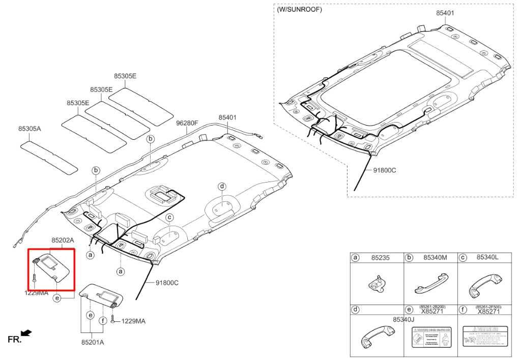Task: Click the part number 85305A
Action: (30, 129)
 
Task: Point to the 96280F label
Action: (187, 123)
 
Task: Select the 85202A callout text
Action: (63, 239)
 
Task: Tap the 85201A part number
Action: (93, 342)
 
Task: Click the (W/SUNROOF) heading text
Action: (299, 9)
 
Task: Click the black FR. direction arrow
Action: (26, 333)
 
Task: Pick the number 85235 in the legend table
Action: (381, 258)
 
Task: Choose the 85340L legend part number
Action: (487, 258)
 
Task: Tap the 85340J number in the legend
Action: (404, 319)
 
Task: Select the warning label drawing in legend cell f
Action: (484, 337)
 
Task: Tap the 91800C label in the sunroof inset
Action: (384, 170)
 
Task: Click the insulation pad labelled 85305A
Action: (49, 157)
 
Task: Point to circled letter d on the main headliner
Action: (222, 187)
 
